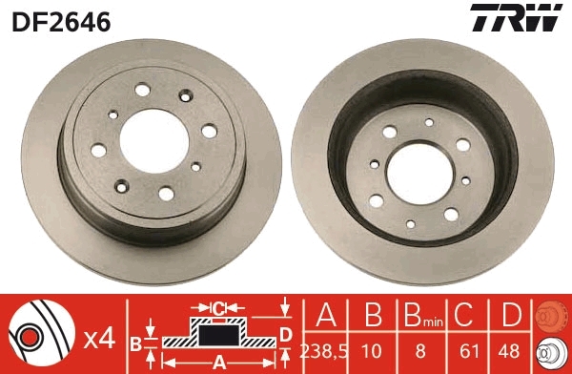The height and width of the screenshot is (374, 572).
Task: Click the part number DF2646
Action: pos(60,20)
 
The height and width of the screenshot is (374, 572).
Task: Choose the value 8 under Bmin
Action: pos(419,350)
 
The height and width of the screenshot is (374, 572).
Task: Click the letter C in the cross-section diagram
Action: pos(218,308)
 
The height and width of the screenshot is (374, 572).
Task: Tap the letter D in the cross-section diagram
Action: pos(285,333)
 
